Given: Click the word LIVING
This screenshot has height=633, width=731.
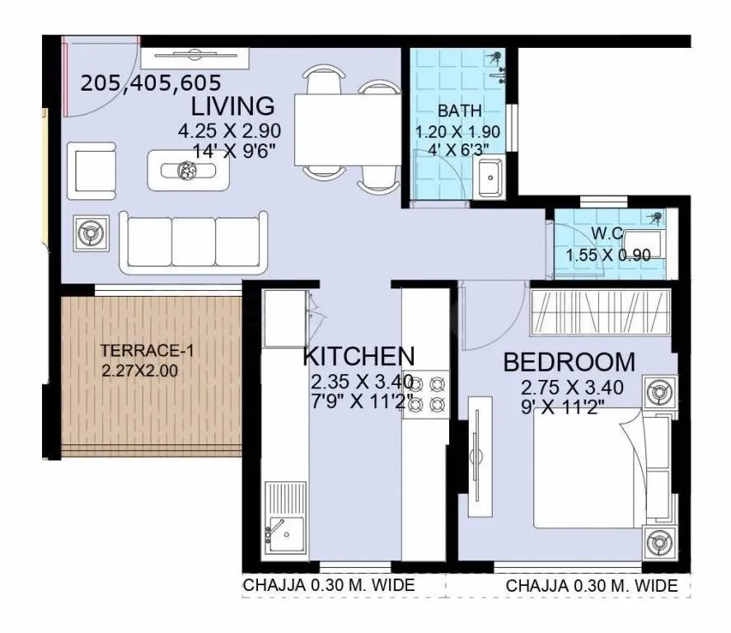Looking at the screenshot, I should pyautogui.click(x=232, y=106).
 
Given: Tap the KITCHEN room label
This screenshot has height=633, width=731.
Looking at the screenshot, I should pyautogui.click(x=358, y=356).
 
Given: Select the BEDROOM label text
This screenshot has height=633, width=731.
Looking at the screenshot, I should pyautogui.click(x=569, y=362).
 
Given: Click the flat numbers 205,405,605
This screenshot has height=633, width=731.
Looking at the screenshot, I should pyautogui.click(x=151, y=82).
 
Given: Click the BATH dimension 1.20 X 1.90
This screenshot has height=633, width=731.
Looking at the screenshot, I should pyautogui.click(x=458, y=132).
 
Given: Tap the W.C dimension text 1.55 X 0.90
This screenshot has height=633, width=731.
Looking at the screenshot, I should pyautogui.click(x=608, y=256).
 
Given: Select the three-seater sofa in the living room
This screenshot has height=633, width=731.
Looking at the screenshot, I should pyautogui.click(x=194, y=241).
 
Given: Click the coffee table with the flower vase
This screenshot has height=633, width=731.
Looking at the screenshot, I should pyautogui.click(x=189, y=171).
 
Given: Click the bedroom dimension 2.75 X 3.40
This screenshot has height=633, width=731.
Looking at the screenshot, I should pyautogui.click(x=572, y=387).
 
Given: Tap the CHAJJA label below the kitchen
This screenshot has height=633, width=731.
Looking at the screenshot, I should pyautogui.click(x=328, y=585).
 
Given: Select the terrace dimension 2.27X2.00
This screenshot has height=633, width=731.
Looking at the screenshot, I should pyautogui.click(x=139, y=370).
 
